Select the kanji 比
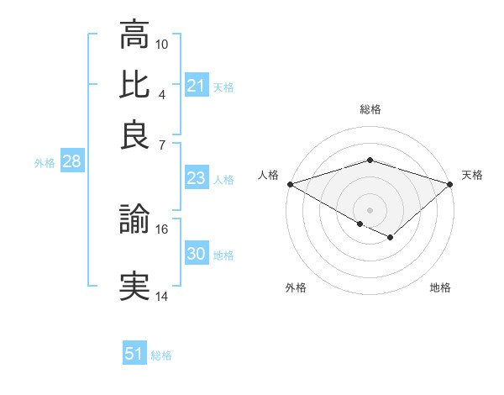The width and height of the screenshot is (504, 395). (x=134, y=84)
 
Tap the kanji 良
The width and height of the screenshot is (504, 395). (x=134, y=134)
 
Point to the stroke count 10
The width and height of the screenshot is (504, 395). (x=162, y=44)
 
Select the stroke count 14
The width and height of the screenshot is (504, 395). (x=162, y=296)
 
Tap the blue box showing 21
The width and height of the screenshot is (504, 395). (x=196, y=86)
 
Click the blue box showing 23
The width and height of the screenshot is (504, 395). (x=196, y=178)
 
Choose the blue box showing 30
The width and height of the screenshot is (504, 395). (x=196, y=254)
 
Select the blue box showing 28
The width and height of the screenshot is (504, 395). (x=71, y=162)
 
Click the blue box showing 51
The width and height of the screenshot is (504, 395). (x=134, y=354)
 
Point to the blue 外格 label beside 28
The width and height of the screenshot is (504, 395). (x=45, y=163)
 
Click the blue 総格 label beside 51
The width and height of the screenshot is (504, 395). (x=161, y=355)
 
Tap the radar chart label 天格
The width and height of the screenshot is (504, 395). (x=472, y=175)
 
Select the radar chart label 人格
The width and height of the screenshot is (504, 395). (x=268, y=175)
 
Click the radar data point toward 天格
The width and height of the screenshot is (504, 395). (x=451, y=183)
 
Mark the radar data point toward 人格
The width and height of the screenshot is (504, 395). (x=289, y=183)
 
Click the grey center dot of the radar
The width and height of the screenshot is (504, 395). (x=370, y=209)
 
